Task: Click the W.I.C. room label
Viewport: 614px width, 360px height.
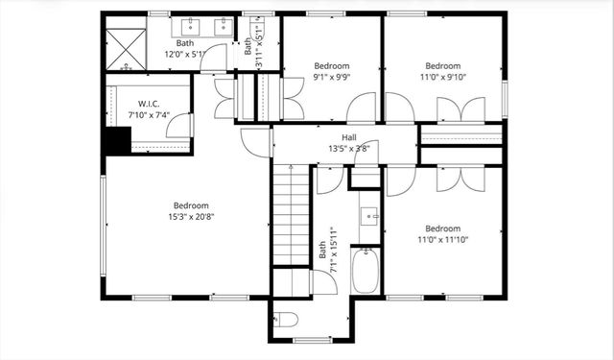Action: point(147,104)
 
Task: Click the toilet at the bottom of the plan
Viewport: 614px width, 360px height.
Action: point(286,320)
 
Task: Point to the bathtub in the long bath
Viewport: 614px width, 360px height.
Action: point(366,271)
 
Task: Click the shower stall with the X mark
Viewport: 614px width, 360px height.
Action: point(125,48)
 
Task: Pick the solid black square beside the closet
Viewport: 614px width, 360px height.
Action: point(117,141)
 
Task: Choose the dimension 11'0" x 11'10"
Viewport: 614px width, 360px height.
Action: point(442,241)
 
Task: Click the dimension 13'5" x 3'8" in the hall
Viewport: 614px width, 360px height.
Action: point(349,149)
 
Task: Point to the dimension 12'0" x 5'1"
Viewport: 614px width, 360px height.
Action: point(184,54)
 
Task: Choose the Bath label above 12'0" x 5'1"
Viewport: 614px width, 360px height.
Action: point(184,43)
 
